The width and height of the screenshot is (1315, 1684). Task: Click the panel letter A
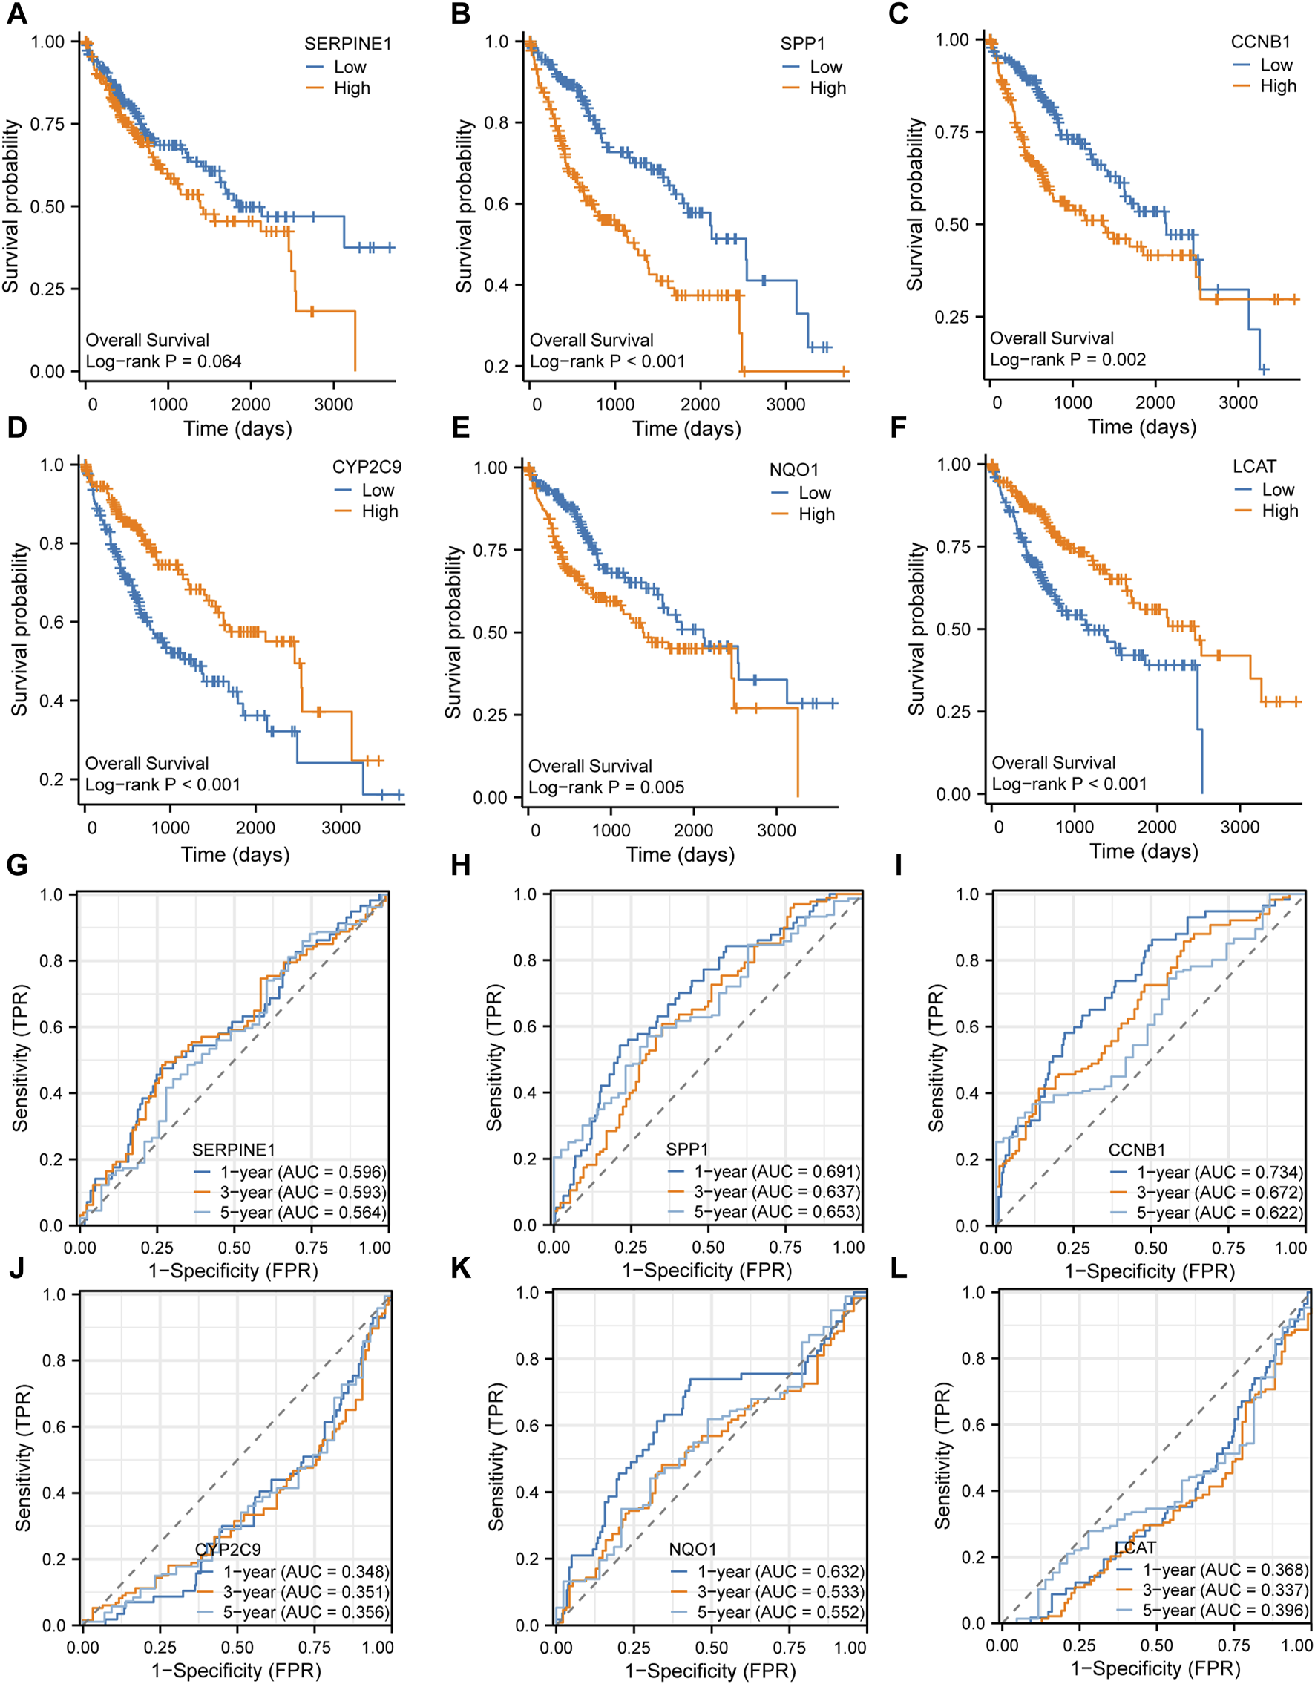tap(17, 15)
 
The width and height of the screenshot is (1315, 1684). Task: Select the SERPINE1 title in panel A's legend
tap(347, 44)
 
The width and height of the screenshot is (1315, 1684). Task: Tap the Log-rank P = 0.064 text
tap(163, 361)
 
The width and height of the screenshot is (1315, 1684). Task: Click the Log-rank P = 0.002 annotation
tap(1068, 359)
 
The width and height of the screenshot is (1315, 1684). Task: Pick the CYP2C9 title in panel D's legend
tap(367, 468)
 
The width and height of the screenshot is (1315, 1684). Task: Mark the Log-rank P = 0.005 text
tap(606, 787)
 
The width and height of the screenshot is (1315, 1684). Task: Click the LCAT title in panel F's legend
tap(1255, 467)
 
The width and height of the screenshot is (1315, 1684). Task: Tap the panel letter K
tap(461, 1268)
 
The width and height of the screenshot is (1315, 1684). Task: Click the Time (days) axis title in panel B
tap(686, 429)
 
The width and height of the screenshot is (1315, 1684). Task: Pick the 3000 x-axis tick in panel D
tap(341, 828)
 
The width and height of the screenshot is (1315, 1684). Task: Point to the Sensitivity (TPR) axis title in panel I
tap(936, 1058)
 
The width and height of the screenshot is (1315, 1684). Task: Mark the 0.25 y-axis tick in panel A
tap(47, 289)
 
